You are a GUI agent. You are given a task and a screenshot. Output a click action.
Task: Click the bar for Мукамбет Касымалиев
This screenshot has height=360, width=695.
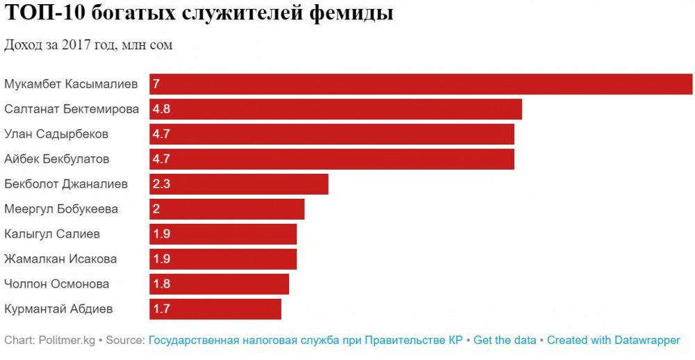pos(420,84)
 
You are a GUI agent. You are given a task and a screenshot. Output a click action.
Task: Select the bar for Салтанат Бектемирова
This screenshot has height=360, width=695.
pos(336,109)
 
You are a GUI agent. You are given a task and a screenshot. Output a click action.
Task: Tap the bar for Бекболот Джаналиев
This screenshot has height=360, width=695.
pos(238,184)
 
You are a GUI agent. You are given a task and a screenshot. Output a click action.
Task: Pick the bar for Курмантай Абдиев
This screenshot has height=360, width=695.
pos(215,309)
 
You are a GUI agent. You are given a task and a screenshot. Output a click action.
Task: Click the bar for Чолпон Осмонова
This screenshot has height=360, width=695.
pos(219,284)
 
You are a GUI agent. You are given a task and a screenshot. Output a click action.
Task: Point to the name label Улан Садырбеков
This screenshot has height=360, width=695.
pos(56,134)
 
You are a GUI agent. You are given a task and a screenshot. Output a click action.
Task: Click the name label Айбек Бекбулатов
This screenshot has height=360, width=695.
pos(57,159)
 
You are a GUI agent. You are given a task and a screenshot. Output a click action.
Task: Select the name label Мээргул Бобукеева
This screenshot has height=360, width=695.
pos(61,209)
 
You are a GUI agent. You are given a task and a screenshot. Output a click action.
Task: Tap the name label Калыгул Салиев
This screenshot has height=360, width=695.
pos(52,234)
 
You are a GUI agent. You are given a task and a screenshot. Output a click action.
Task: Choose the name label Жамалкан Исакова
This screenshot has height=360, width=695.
pos(60,259)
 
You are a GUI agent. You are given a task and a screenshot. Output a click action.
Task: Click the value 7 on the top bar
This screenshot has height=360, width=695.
pos(157,84)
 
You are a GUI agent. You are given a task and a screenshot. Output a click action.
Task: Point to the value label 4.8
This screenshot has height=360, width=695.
pos(161,109)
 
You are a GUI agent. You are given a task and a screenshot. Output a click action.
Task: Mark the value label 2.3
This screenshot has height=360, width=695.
pos(161,184)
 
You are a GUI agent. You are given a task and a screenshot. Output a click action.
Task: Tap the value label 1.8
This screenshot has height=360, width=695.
pos(161,284)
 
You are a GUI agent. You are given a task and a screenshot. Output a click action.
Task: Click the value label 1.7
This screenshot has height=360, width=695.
pos(161,309)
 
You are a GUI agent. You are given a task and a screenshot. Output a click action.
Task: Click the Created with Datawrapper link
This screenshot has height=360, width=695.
pos(613,341)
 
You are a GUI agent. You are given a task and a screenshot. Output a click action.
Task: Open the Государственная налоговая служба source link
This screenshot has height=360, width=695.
pos(305,341)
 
